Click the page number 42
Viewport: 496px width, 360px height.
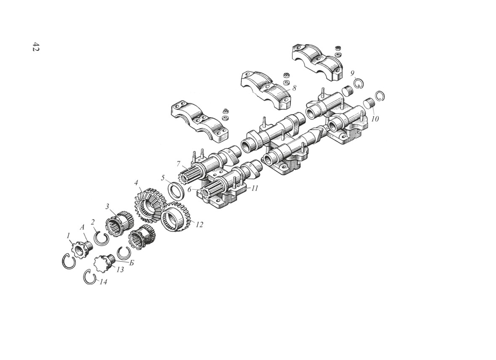coord(35,46)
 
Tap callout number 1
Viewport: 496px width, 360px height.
coord(68,236)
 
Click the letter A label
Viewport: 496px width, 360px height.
coord(83,227)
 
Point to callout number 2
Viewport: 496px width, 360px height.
coord(93,222)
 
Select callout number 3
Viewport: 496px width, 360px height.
coord(108,206)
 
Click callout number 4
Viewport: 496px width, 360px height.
coord(136,183)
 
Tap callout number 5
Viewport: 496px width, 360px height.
coord(163,177)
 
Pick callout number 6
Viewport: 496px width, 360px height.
coord(189,189)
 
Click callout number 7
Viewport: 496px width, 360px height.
coord(178,164)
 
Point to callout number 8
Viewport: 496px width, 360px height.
coord(294,87)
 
